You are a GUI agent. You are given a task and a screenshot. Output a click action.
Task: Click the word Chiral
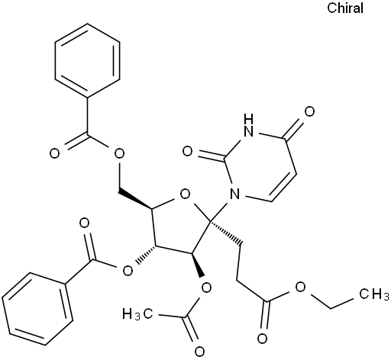345,8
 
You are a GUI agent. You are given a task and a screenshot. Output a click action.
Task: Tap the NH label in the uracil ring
248,125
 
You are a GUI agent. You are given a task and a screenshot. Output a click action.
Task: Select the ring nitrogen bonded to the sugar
234,194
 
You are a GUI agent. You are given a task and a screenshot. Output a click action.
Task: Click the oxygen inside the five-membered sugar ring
185,194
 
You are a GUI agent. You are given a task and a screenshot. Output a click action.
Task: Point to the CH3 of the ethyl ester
374,294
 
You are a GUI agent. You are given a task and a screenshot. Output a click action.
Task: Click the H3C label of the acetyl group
137,313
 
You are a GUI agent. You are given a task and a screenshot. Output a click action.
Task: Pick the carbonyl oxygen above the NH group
309,111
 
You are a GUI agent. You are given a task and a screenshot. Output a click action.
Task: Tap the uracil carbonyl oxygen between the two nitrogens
188,152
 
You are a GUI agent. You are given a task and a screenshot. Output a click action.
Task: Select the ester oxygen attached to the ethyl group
301,288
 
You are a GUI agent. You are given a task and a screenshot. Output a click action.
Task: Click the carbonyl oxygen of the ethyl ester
262,339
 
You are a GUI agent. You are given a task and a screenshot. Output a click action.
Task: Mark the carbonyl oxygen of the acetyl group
199,352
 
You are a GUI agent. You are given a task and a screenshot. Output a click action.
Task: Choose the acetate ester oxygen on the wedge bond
206,288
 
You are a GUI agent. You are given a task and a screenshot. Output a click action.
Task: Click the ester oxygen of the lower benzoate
128,271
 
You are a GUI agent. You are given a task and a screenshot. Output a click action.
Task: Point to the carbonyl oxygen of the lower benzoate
84,223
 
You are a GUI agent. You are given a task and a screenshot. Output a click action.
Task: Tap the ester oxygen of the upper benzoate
119,153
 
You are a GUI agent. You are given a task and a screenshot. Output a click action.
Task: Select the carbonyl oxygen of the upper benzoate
54,153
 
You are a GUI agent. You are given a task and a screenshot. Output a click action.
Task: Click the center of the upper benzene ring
87,60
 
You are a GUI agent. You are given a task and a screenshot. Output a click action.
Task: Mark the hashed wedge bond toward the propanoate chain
226,233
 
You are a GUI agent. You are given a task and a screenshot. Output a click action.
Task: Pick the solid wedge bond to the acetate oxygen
198,265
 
